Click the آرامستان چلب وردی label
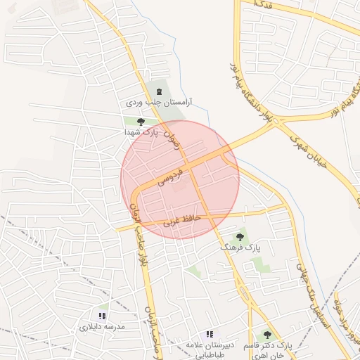point(160,103)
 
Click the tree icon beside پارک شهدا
point(131,122)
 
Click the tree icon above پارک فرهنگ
point(240,238)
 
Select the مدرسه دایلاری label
point(101,327)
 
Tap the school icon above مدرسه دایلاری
point(102,316)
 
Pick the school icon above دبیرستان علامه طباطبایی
point(209,334)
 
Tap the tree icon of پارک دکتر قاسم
point(266,335)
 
